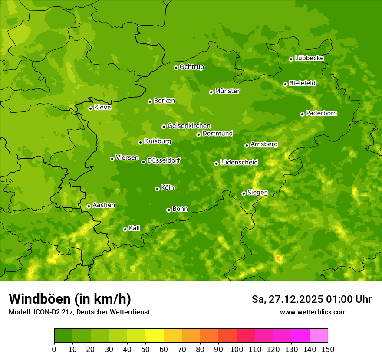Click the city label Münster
click(227, 91)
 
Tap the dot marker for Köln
click(157, 189)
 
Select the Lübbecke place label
click(309, 58)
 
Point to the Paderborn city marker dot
click(302, 114)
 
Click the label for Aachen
click(104, 205)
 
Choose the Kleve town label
click(102, 108)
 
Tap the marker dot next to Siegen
click(244, 193)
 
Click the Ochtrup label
click(191, 67)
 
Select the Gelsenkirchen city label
click(189, 126)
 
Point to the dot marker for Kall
click(125, 229)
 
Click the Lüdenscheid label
click(239, 163)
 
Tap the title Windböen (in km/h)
click(70, 299)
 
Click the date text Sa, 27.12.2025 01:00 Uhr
click(311, 299)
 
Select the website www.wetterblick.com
click(313, 312)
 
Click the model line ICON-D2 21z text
click(79, 312)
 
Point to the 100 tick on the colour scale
click(237, 349)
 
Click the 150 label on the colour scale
click(328, 349)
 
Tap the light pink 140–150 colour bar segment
click(319, 336)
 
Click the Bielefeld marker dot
click(285, 84)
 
